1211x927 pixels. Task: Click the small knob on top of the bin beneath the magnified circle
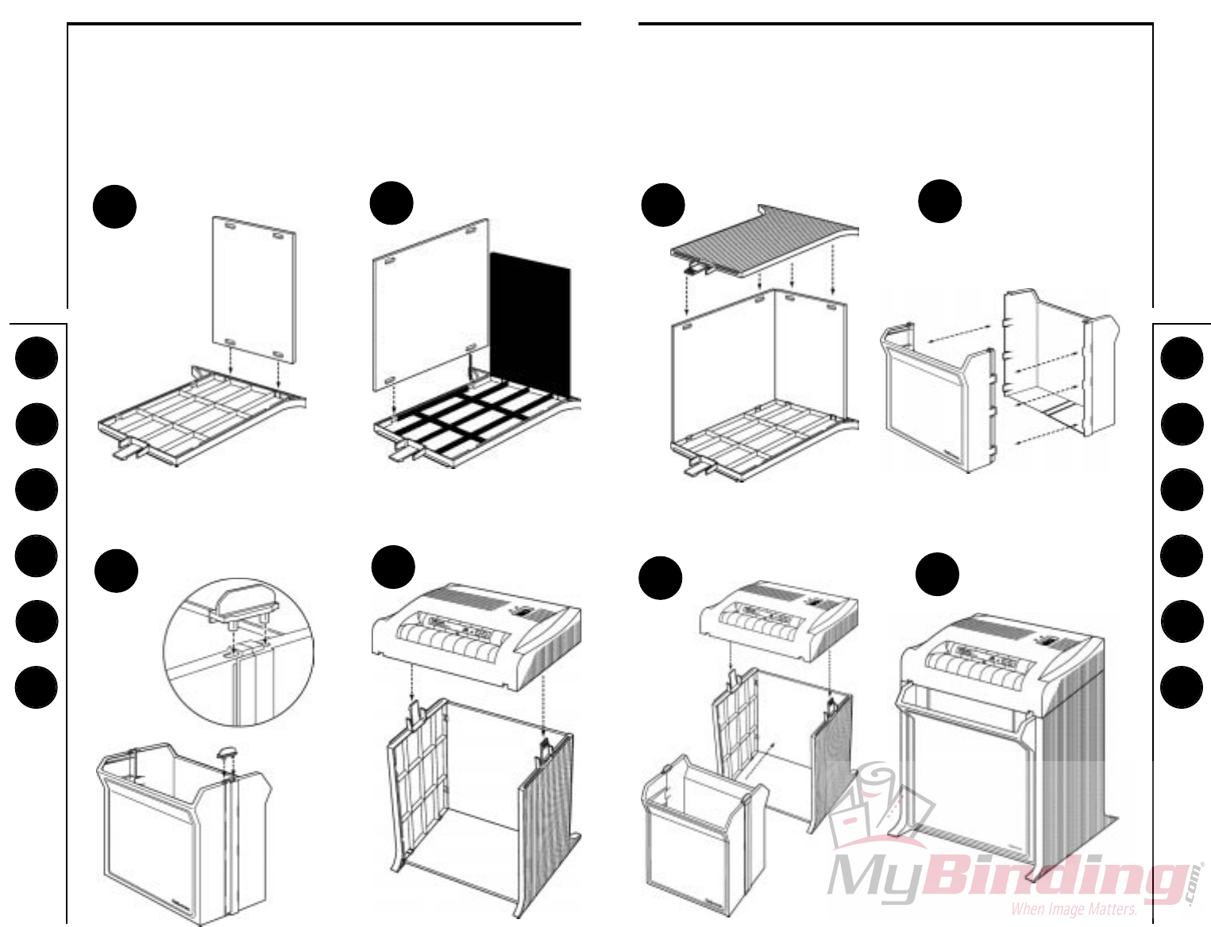click(x=227, y=750)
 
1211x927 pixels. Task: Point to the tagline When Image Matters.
click(x=1074, y=910)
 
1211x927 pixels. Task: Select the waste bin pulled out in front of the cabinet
click(x=703, y=833)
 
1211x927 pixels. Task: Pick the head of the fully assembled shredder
click(x=1001, y=655)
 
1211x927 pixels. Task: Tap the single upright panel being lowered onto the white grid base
click(x=254, y=290)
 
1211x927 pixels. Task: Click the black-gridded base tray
click(x=469, y=417)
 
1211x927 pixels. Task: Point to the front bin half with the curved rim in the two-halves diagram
click(x=937, y=405)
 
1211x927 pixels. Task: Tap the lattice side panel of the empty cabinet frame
click(x=417, y=794)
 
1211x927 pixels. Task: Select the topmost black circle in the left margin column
click(x=36, y=358)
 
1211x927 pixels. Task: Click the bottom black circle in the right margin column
click(x=1182, y=687)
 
